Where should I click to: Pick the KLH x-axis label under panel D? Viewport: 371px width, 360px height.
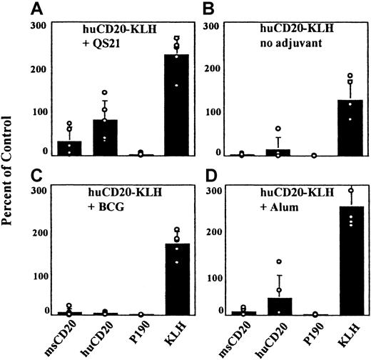(330, 336)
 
